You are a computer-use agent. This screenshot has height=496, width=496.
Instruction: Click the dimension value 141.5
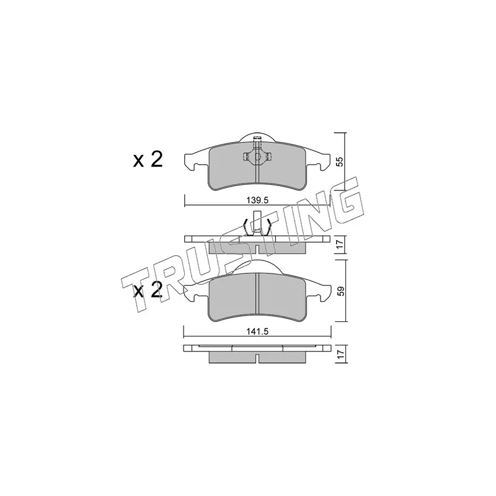257,331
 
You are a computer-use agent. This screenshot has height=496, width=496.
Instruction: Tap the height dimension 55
339,162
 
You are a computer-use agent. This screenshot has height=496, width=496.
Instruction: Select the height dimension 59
340,291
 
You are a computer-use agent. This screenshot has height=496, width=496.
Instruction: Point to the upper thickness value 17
340,244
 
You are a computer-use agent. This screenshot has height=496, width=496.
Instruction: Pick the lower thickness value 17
340,353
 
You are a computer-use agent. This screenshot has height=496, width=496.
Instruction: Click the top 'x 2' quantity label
148,159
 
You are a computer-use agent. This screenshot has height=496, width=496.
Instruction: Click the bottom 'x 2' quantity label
148,290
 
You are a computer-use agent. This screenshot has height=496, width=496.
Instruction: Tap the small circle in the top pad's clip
257,156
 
